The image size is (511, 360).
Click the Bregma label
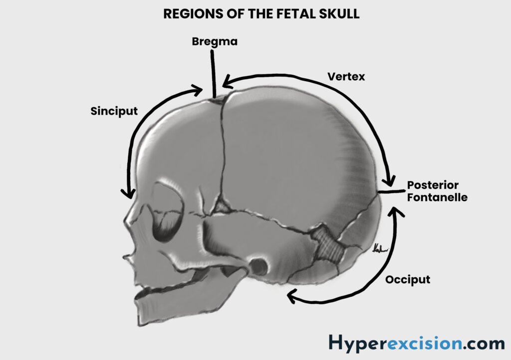215,41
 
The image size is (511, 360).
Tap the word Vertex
346,77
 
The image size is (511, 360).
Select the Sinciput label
114,111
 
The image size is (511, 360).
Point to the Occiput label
407,279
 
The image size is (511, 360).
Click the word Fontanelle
437,197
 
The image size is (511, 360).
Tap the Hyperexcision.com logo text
416,343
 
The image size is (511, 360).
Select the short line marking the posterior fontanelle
390,191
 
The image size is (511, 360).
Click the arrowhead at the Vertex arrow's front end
227,81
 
